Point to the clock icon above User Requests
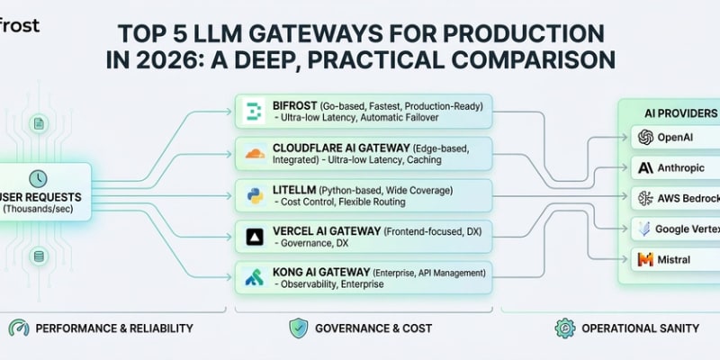pos(38,177)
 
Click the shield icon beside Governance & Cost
pos(298,328)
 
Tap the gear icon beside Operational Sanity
pos(564,328)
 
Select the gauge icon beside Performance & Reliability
pos(18,328)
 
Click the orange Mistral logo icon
pos(644,259)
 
